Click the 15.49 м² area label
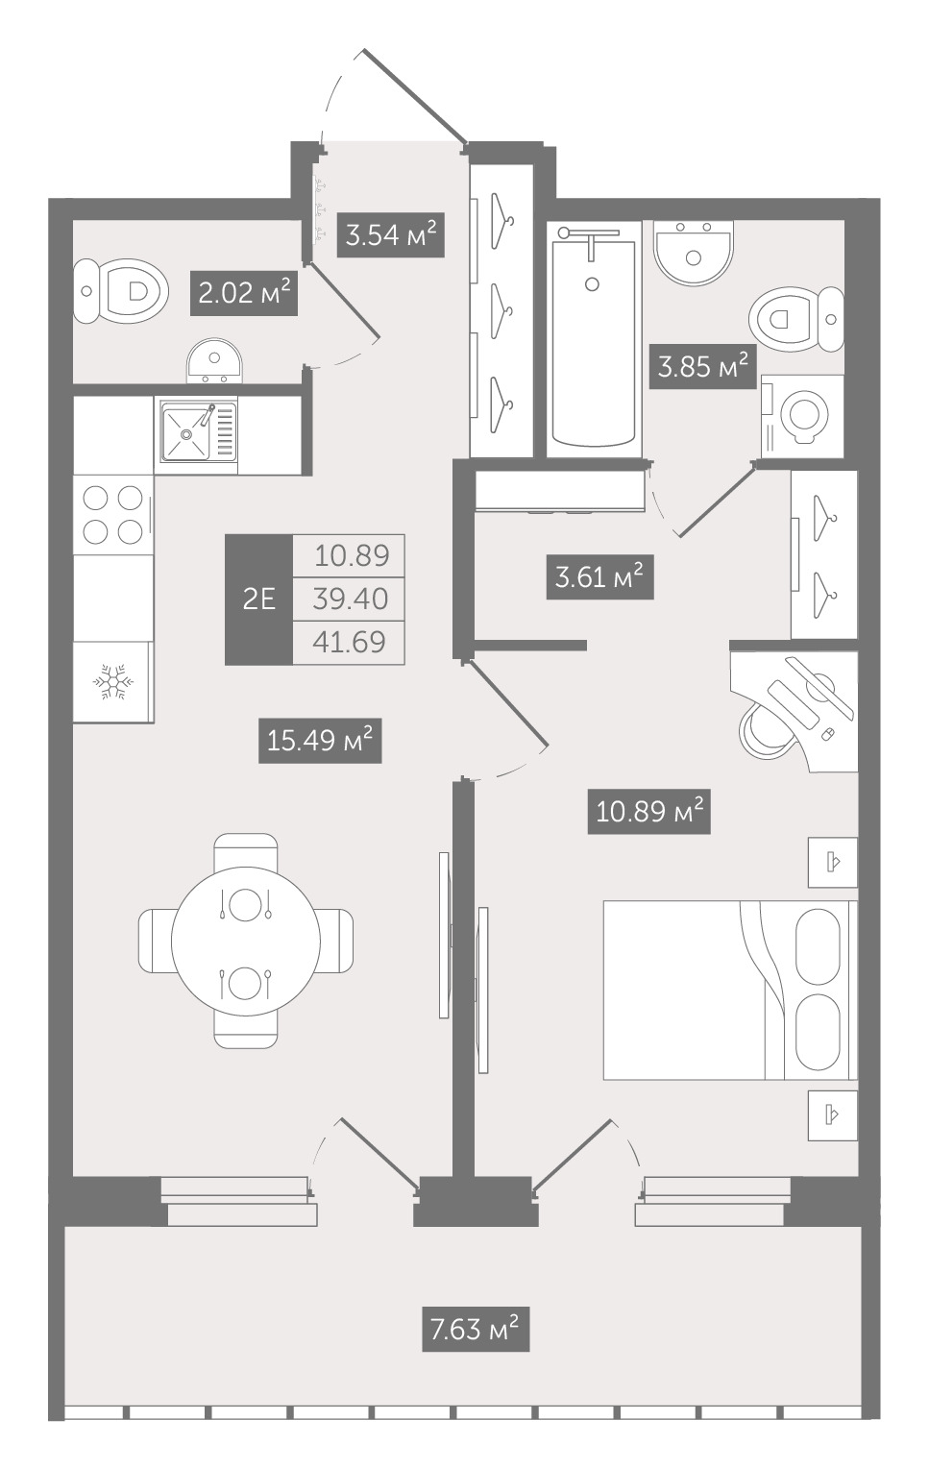click(x=320, y=741)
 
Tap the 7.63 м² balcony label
click(x=475, y=1330)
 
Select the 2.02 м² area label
click(x=245, y=293)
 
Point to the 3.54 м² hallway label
click(x=391, y=234)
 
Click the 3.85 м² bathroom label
click(x=703, y=367)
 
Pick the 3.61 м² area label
click(x=599, y=577)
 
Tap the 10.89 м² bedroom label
click(x=649, y=812)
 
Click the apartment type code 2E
click(x=259, y=600)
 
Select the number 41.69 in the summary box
click(x=350, y=642)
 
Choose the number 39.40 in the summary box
click(x=350, y=599)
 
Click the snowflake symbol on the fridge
click(x=113, y=682)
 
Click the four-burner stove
click(x=112, y=514)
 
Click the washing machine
click(x=802, y=416)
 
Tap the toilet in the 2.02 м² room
click(x=121, y=290)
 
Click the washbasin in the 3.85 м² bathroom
click(x=694, y=253)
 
